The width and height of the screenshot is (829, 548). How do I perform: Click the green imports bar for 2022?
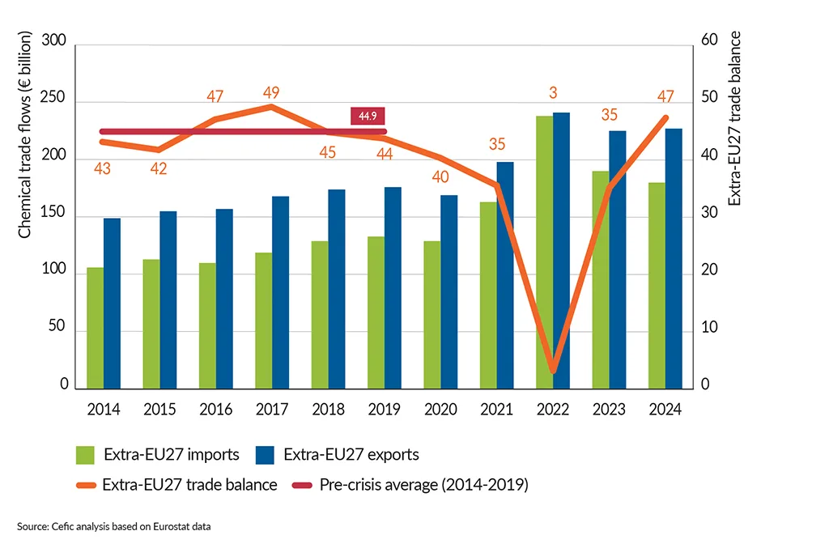coord(544,252)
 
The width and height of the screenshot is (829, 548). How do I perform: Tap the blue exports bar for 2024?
coord(674,258)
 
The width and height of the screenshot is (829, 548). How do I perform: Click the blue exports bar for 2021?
coord(505,274)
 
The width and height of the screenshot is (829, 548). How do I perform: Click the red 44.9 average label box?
coord(367,117)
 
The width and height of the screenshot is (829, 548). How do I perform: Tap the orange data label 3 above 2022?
coord(553,92)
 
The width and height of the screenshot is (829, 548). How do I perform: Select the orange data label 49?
coord(271,92)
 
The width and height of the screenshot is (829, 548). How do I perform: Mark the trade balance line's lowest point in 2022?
coord(553,370)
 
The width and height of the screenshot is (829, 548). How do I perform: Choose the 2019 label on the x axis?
coord(384,410)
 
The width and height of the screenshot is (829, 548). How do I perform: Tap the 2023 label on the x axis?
coord(609,410)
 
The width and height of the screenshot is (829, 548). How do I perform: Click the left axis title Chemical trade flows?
coord(24,135)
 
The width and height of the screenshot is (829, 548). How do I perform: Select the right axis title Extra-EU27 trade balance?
coord(734,118)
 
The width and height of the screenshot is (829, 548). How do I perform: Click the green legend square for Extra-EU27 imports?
coord(86,454)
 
